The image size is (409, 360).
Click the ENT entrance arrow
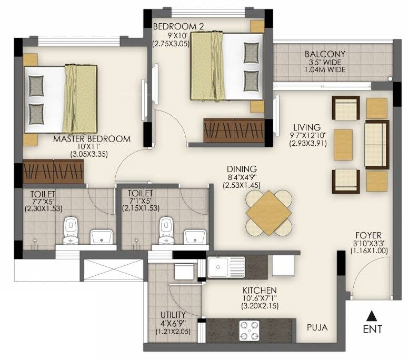point(372,316)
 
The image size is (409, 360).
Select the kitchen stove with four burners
point(247,330)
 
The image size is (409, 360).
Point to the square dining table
point(268,212)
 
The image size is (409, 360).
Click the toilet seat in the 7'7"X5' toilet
point(70,231)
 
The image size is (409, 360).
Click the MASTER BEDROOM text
point(92,139)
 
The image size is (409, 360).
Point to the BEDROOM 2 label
point(171,26)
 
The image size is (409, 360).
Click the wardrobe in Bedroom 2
point(234,129)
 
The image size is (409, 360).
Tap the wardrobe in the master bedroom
point(53,172)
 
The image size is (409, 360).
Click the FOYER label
point(368,235)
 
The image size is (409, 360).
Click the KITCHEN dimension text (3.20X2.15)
point(260,306)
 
